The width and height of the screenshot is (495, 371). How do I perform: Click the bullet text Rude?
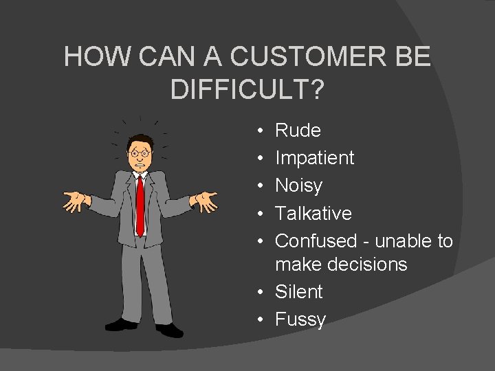coord(298,130)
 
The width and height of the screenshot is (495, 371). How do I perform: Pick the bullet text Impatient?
coord(314,158)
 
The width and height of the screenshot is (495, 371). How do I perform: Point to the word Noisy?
coord(298,185)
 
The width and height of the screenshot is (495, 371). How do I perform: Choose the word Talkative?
coord(313,213)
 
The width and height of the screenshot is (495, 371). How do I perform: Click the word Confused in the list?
coord(316,241)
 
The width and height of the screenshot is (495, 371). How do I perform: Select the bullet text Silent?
coord(298,292)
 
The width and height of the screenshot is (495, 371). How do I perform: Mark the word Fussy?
coord(300,319)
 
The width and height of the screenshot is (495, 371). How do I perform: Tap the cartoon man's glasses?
coord(140,153)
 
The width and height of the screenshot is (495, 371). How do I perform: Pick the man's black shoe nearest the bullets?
coord(169,330)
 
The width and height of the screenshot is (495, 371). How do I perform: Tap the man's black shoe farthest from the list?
coord(119,324)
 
